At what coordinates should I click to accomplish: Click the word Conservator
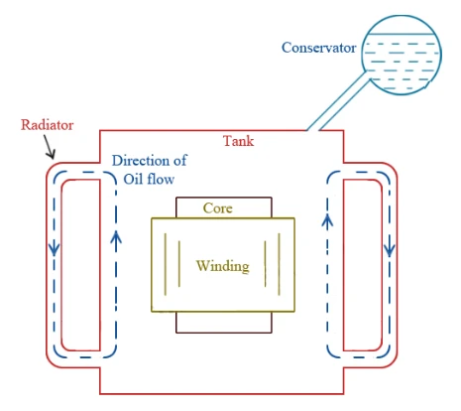click(318, 48)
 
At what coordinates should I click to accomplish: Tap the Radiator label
click(47, 125)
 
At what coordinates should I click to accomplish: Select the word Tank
click(238, 141)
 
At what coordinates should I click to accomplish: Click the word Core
click(218, 208)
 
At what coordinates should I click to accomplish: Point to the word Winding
click(223, 266)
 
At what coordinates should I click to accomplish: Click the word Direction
click(141, 161)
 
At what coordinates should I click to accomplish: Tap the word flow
click(161, 179)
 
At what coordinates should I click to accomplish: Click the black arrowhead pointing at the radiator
click(51, 153)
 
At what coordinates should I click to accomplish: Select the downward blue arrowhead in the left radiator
click(54, 249)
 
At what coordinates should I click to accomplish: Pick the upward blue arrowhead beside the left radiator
click(116, 237)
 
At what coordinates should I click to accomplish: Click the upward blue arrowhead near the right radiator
click(327, 220)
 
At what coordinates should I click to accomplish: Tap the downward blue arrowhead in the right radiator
click(390, 250)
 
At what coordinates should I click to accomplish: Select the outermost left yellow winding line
click(166, 264)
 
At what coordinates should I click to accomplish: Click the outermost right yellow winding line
click(280, 264)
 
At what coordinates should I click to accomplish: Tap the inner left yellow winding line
click(179, 264)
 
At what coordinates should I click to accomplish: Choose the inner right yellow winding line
click(265, 264)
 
